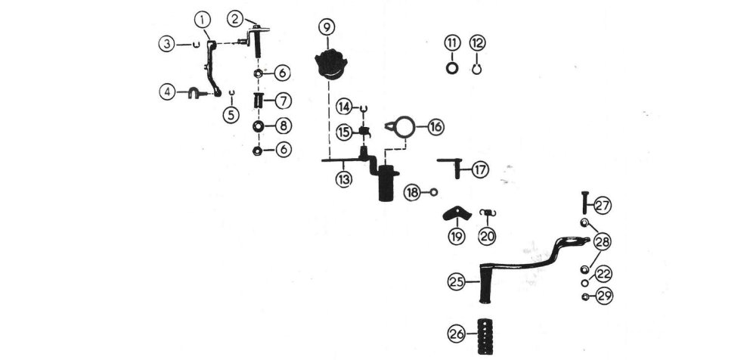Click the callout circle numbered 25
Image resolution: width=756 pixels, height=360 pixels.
pos(456,283)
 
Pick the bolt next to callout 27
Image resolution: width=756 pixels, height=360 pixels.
pos(584,203)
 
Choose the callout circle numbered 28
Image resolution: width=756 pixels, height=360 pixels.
pos(603,242)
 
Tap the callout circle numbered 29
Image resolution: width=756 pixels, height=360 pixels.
pos(603,296)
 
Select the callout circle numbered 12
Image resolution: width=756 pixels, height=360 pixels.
pos(478,42)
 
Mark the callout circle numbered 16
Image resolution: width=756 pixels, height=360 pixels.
pos(435,126)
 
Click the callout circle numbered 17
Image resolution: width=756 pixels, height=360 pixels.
pos(481,170)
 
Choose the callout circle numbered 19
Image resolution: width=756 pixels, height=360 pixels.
pos(456,237)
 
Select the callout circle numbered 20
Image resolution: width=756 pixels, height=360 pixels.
pos(488,237)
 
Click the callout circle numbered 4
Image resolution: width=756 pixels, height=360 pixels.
pos(168,92)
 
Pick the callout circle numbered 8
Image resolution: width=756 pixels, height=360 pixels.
pos(283,125)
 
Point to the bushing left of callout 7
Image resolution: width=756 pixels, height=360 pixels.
pos(258,100)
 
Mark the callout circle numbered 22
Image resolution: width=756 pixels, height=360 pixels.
pos(603,274)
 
